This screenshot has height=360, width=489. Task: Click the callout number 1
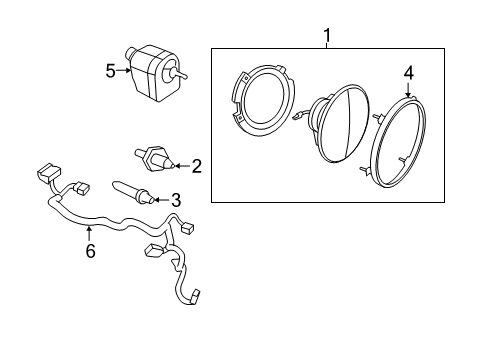(x=326, y=37)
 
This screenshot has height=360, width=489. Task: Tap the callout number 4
(x=409, y=72)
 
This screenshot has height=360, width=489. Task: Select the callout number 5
(x=111, y=70)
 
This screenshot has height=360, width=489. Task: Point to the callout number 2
(x=197, y=166)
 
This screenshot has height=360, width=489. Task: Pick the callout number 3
(x=176, y=199)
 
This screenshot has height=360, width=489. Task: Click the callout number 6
(x=90, y=251)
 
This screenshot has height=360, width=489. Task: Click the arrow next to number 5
(x=125, y=70)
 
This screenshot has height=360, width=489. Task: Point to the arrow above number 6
(x=90, y=234)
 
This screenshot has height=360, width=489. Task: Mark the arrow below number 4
(x=408, y=89)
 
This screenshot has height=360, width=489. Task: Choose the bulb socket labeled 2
(x=155, y=158)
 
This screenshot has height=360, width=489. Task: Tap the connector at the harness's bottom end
(x=200, y=296)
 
